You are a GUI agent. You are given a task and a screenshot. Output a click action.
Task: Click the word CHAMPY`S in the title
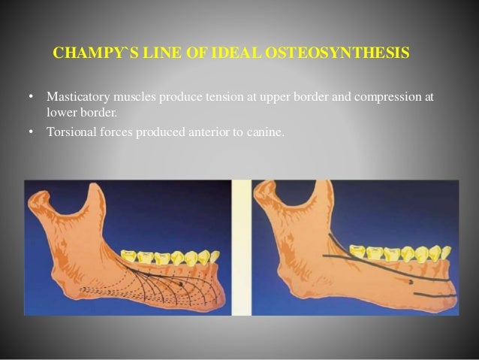[x=88, y=54]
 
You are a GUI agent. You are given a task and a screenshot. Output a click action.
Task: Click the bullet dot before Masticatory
[x=31, y=98]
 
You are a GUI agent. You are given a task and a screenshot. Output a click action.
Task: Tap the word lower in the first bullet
[x=61, y=111]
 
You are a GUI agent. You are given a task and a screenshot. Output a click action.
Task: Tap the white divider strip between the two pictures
[x=241, y=248]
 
